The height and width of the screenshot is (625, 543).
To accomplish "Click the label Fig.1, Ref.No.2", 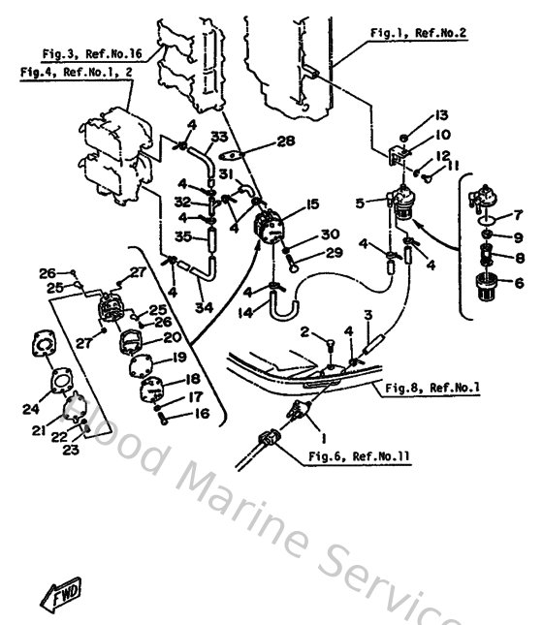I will click(419, 33).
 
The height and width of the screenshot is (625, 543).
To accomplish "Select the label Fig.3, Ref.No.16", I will click(92, 55).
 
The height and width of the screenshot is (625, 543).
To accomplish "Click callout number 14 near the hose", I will click(246, 313).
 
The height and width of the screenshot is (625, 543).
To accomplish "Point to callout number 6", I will click(518, 283).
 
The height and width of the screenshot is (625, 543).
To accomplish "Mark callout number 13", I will click(440, 114).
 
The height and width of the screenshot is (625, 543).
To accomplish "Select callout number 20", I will click(198, 337).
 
